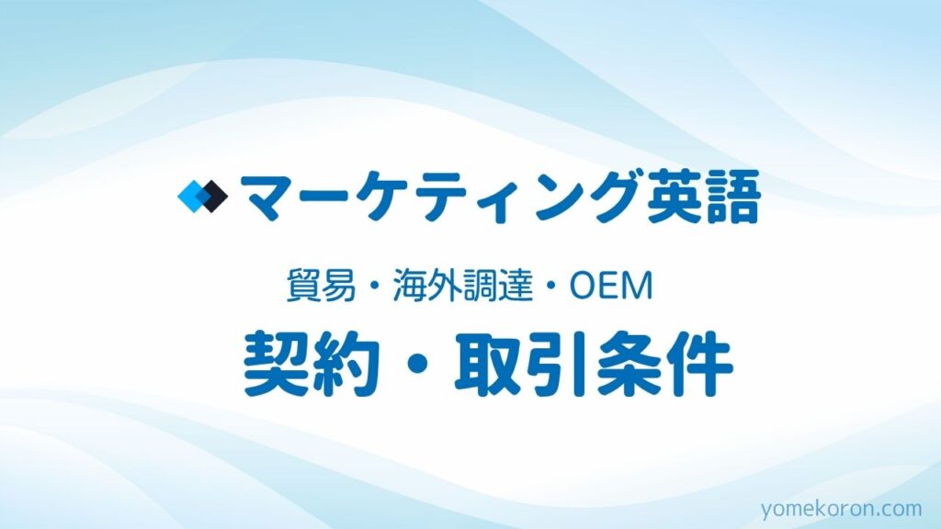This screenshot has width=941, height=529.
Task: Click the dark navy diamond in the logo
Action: (x=213, y=197)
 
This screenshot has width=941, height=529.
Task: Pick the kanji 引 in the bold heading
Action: (x=558, y=363)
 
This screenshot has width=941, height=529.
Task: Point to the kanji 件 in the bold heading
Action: (x=699, y=363)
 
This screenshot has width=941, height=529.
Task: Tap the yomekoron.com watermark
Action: (x=842, y=509)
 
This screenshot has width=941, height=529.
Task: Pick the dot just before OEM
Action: (x=550, y=287)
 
